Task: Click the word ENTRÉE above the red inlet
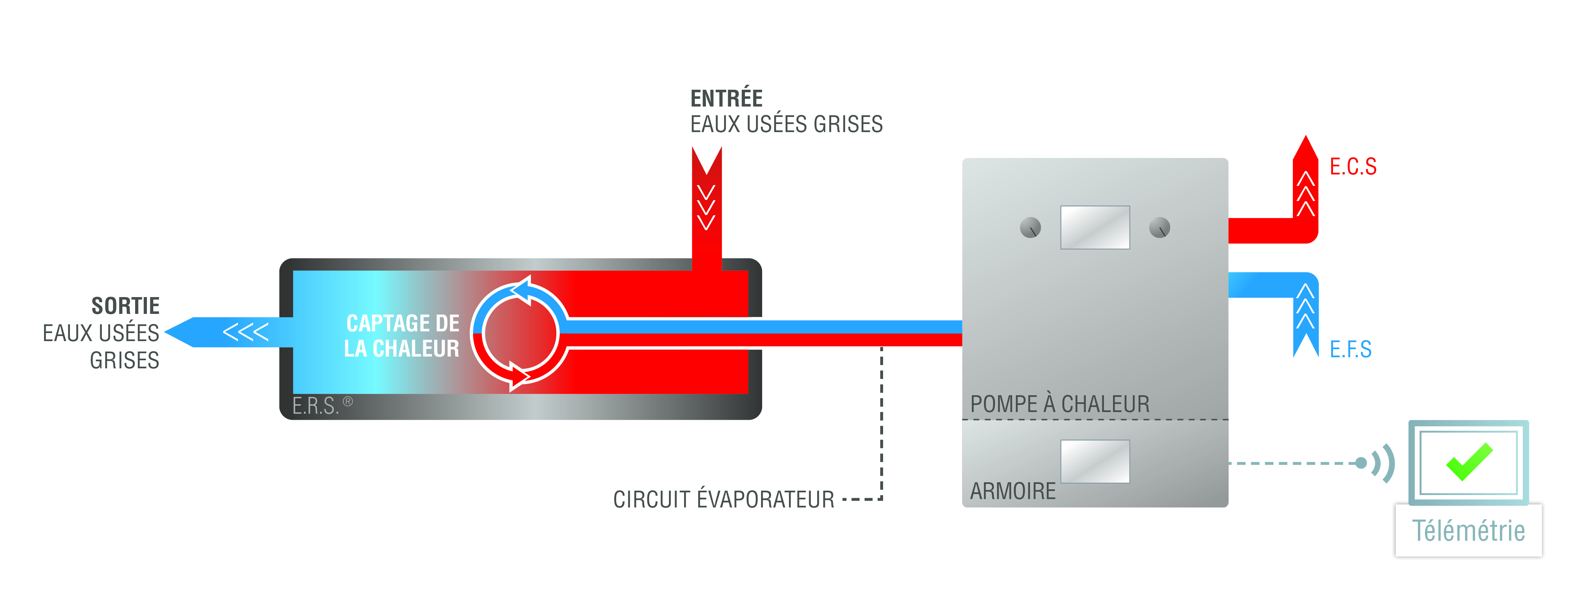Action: pos(726,98)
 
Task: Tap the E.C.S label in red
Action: pos(1352,166)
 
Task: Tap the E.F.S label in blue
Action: pos(1350,350)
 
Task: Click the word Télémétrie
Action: pos(1468,531)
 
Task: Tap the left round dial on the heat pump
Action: pos(1030,228)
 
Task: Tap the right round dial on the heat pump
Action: pos(1159,228)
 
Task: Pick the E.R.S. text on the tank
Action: pos(316,406)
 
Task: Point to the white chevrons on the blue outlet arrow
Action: pos(245,332)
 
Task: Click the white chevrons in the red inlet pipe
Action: pos(707,207)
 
